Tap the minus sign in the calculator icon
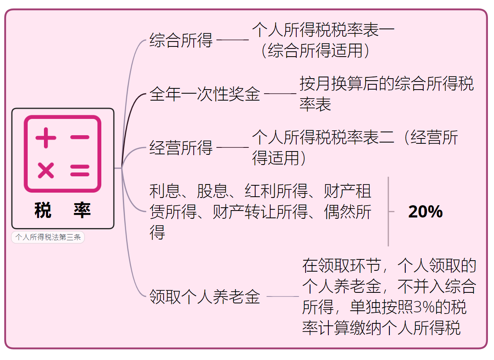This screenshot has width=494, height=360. (x=80, y=137)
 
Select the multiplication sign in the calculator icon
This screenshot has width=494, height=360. (x=46, y=170)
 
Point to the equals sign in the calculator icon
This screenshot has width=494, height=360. (x=80, y=170)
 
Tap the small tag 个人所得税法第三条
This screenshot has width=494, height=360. (x=48, y=237)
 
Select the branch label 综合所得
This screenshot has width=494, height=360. (x=181, y=41)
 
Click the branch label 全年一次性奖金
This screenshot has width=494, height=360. (x=205, y=94)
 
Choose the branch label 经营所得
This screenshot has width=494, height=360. (x=181, y=147)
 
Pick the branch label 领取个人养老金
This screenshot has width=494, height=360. (x=205, y=296)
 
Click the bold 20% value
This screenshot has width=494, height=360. (x=425, y=212)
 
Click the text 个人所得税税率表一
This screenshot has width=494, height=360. (x=324, y=31)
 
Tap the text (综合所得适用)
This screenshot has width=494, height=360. (x=315, y=51)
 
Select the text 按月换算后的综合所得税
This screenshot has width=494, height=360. (x=387, y=84)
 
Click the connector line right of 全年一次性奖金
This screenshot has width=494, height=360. (x=280, y=94)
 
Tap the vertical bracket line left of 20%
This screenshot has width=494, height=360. (x=389, y=212)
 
